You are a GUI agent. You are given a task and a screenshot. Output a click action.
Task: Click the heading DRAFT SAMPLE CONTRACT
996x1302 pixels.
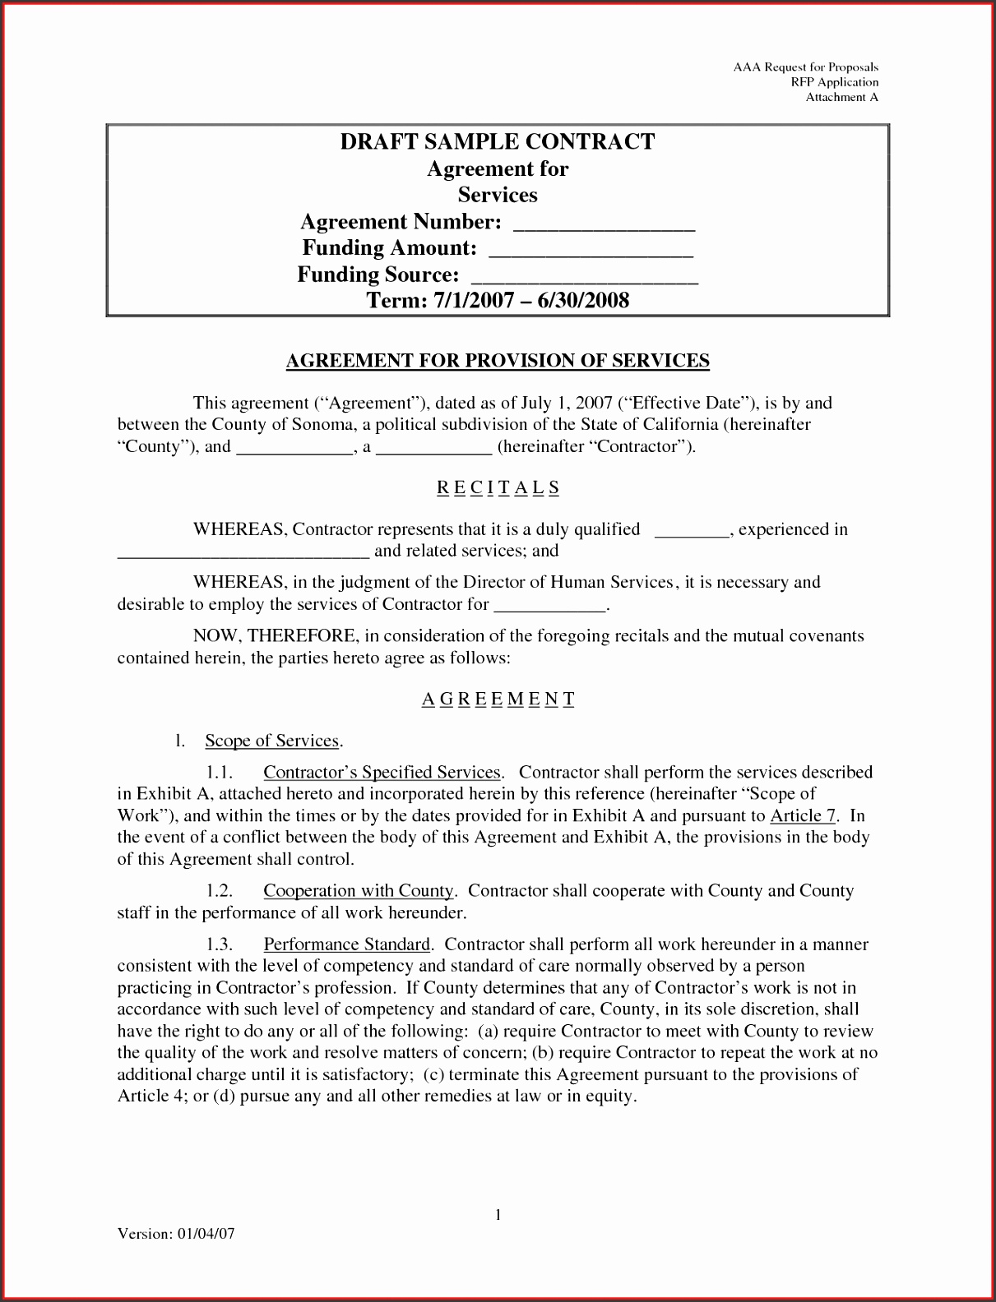tap(498, 141)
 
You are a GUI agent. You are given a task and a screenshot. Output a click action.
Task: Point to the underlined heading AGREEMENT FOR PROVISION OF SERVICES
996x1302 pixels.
tap(498, 360)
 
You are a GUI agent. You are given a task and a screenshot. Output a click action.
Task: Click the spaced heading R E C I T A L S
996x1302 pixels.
tap(498, 487)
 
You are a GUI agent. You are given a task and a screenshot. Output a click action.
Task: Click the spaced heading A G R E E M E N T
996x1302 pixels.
tap(498, 699)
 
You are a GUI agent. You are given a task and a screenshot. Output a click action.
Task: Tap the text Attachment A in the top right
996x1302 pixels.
tap(841, 97)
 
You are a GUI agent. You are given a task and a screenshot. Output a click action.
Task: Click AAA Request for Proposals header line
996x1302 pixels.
tap(806, 67)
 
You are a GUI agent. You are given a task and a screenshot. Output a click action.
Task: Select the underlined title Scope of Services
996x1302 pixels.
tap(272, 741)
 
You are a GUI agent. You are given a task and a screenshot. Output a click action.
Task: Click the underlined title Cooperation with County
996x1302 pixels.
tap(359, 891)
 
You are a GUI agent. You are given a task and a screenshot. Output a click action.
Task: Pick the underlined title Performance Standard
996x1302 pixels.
tap(346, 944)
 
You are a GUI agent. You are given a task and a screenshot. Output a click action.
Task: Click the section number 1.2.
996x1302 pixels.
tap(221, 891)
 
